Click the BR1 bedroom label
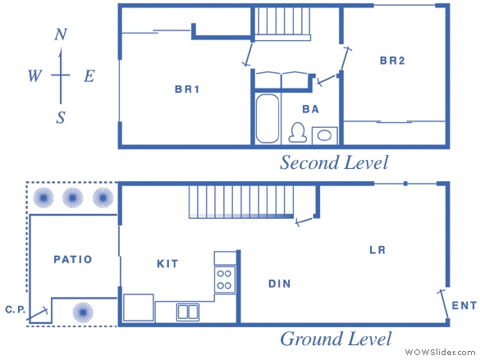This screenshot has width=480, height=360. coord(187,89)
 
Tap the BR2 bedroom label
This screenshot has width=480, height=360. coord(392,61)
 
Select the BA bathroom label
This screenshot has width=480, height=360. coord(311,109)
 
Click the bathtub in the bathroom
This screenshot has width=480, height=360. coord(267,119)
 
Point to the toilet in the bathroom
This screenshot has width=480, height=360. coord(298,133)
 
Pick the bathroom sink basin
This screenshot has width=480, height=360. coord(324,135)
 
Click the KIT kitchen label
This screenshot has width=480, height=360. coord(167,264)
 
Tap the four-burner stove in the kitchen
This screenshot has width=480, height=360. coord(225,280)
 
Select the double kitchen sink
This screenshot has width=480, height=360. coord(188,312)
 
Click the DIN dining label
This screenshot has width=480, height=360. coord(280,284)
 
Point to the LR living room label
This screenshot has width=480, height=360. coord(377,250)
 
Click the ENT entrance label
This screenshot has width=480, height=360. coord(464,305)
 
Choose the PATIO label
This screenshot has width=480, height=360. coord(73,259)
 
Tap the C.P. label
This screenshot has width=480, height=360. coord(16,309)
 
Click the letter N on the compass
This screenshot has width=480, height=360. coord(61,34)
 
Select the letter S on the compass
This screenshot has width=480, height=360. coord(61,117)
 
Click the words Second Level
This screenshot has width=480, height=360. coord(334,162)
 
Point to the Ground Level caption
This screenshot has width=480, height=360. coord(336,339)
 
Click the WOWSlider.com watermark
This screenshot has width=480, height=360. coord(440,352)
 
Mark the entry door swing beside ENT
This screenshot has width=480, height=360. coord(443,304)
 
